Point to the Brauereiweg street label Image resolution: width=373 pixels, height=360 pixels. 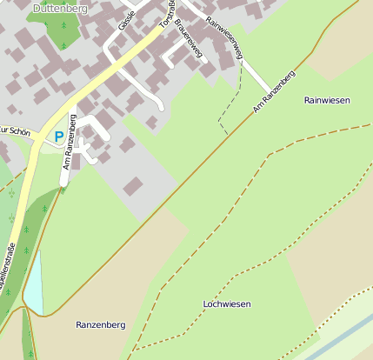(188, 37)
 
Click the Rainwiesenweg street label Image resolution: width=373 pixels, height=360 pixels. (225, 38)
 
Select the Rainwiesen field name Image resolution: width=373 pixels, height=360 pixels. (327, 101)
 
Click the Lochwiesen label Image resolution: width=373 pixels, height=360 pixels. (226, 304)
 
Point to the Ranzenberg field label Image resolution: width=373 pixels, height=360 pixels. (100, 324)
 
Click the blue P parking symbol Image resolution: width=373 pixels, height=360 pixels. (58, 137)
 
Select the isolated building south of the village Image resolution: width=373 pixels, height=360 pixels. (134, 185)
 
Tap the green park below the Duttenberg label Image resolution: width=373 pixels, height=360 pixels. (59, 30)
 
